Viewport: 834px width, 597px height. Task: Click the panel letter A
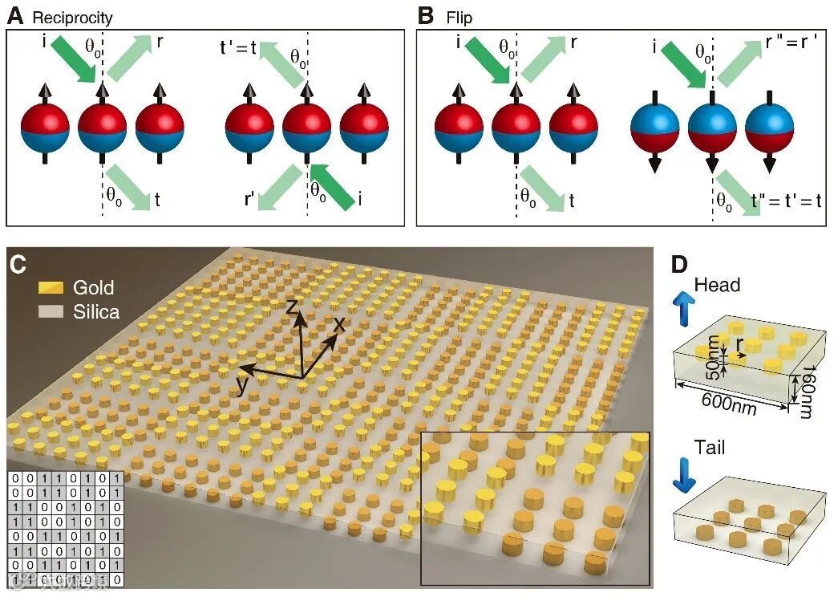14,15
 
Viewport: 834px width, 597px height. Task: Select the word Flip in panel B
460,17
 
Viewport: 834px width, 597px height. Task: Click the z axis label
294,305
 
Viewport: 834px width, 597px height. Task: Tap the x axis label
339,323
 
